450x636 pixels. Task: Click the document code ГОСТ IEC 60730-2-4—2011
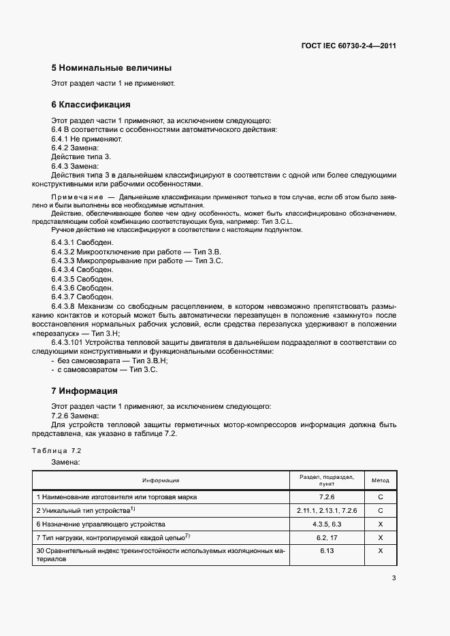(349, 46)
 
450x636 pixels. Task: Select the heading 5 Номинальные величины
(111, 68)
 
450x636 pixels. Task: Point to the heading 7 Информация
(84, 391)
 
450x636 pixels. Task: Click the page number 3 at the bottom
(393, 578)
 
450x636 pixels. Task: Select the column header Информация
(161, 480)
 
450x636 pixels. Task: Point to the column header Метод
(380, 480)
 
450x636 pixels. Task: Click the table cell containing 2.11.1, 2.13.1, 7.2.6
(327, 510)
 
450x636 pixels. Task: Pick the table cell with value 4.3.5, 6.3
(327, 524)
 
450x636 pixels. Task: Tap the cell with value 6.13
(327, 551)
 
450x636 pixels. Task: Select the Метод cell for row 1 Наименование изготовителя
(380, 497)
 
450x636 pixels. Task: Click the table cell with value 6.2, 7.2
(327, 538)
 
